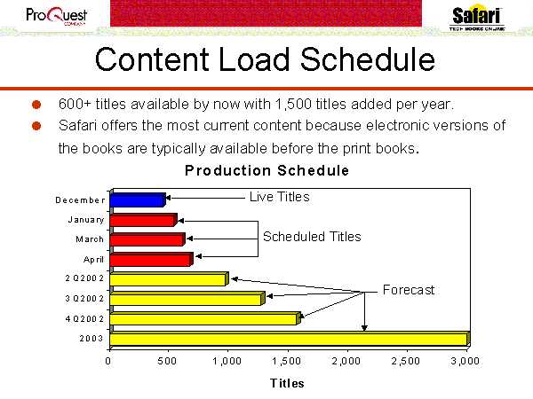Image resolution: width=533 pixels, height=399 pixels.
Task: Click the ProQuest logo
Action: (57, 16)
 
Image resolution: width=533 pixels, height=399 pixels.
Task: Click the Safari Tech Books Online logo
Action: (476, 18)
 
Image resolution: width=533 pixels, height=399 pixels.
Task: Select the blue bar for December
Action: (138, 199)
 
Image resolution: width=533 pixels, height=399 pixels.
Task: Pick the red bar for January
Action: (143, 220)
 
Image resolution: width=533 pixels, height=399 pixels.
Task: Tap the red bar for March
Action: (147, 239)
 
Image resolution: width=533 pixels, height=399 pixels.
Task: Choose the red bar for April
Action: (152, 259)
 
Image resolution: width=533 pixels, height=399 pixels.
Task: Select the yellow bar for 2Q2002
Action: (170, 279)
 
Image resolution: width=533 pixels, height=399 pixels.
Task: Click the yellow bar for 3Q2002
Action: (187, 299)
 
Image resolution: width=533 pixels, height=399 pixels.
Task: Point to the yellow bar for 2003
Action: (290, 339)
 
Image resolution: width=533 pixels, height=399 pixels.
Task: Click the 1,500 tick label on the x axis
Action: (287, 361)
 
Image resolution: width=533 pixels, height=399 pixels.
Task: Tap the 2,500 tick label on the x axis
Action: (406, 361)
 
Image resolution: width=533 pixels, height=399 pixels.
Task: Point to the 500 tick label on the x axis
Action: (167, 361)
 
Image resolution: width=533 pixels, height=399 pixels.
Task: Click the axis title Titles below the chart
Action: (287, 383)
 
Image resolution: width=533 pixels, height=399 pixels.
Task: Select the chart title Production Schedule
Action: (266, 170)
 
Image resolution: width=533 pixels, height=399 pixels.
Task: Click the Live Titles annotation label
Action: (280, 197)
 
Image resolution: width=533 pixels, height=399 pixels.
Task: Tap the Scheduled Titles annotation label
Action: (312, 237)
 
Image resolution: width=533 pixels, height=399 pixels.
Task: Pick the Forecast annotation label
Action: (409, 290)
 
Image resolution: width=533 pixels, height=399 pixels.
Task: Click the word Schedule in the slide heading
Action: (368, 59)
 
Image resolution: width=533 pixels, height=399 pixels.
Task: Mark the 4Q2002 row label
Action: (84, 319)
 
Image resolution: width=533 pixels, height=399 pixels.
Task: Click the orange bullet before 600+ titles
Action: (36, 105)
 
